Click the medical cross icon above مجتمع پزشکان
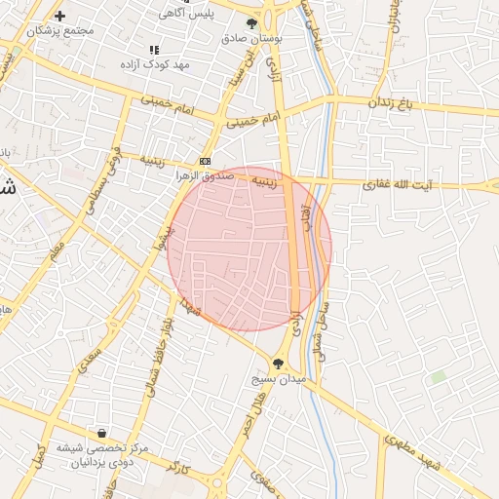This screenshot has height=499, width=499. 60,17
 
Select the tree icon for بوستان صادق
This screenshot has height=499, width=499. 253,22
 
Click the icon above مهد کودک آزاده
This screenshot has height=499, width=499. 153,50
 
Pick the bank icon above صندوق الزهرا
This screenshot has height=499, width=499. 205,161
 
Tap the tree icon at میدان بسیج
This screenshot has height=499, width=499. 280,363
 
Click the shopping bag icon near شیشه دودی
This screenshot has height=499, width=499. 101,433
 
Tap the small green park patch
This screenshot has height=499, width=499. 439,376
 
